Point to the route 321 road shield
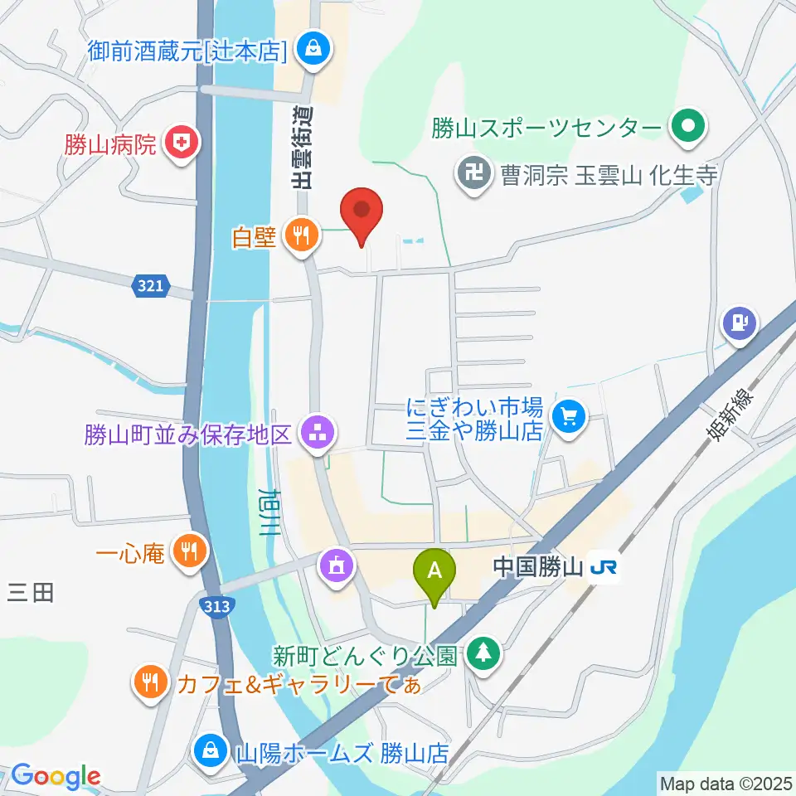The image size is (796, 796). [x=150, y=287]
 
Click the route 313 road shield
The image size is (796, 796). [x=216, y=607]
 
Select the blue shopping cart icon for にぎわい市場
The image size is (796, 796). [x=568, y=415]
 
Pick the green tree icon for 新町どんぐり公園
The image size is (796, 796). [x=480, y=653]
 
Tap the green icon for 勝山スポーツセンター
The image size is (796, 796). [x=688, y=128]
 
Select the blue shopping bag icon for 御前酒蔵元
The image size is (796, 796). [x=313, y=50]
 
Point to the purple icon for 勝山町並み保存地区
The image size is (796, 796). [x=318, y=432]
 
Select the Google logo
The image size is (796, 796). [x=55, y=776]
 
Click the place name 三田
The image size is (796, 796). [x=31, y=592]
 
